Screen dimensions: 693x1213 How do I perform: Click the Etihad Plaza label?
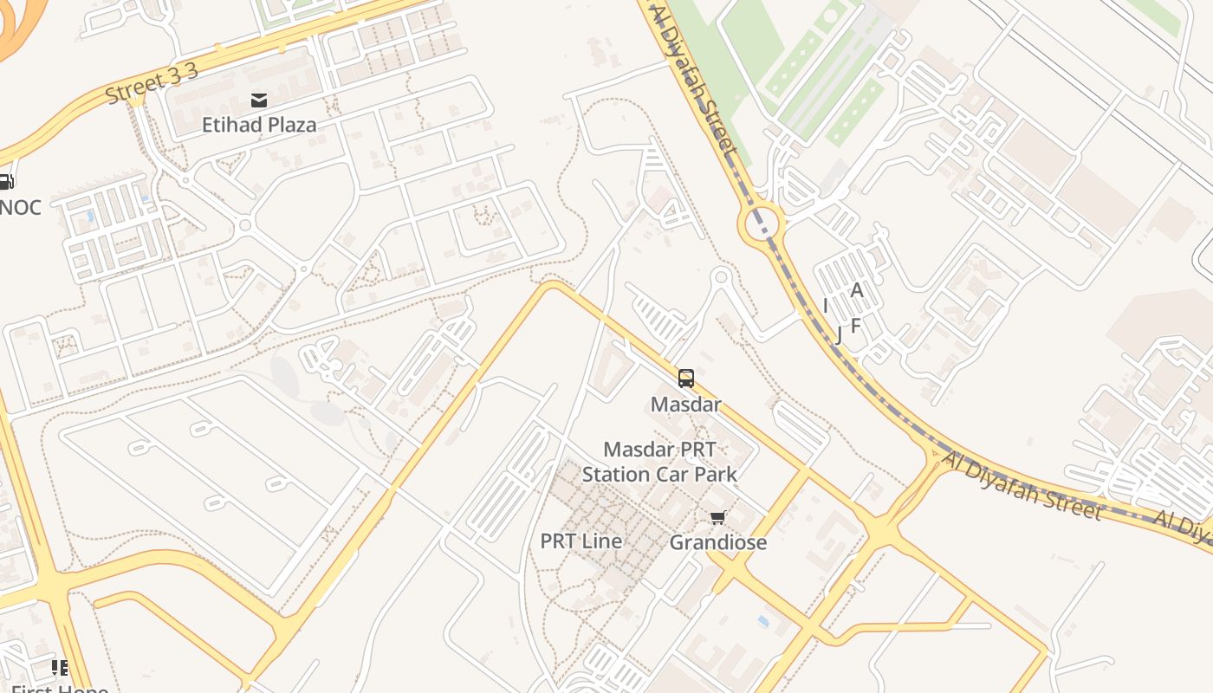click(259, 125)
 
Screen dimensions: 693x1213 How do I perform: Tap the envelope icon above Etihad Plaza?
click(258, 100)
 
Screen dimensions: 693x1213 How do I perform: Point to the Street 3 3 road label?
click(152, 83)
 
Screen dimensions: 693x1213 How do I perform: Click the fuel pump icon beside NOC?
click(5, 182)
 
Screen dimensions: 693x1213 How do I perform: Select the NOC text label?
click(20, 208)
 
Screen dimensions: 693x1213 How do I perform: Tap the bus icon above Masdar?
click(686, 379)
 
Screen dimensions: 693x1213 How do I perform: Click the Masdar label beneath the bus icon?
click(685, 405)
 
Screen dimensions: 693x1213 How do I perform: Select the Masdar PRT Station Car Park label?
click(659, 462)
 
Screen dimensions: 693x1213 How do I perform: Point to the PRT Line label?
click(581, 541)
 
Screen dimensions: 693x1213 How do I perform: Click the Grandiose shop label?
click(718, 543)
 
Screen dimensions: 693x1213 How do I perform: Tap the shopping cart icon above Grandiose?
click(717, 518)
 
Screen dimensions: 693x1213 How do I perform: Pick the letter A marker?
click(857, 290)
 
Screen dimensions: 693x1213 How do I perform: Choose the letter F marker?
click(856, 326)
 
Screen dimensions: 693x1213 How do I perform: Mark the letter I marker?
click(826, 306)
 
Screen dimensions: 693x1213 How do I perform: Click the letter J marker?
click(838, 334)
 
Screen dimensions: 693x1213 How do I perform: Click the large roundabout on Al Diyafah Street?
click(761, 224)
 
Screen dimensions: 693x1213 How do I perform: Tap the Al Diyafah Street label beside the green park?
click(693, 82)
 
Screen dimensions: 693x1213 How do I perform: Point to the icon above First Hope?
click(59, 667)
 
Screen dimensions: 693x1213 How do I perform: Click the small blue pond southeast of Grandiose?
click(762, 621)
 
